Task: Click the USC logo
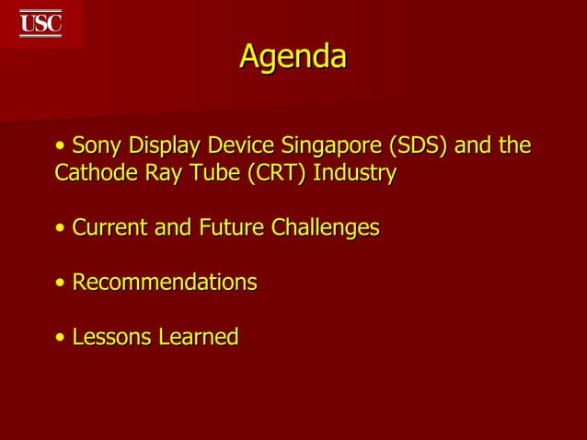click(40, 23)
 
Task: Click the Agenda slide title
click(293, 57)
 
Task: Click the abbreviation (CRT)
click(276, 173)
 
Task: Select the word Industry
click(355, 174)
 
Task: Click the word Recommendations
click(164, 282)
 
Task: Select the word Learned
click(198, 337)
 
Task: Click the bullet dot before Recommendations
click(60, 283)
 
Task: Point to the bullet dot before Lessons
click(60, 338)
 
